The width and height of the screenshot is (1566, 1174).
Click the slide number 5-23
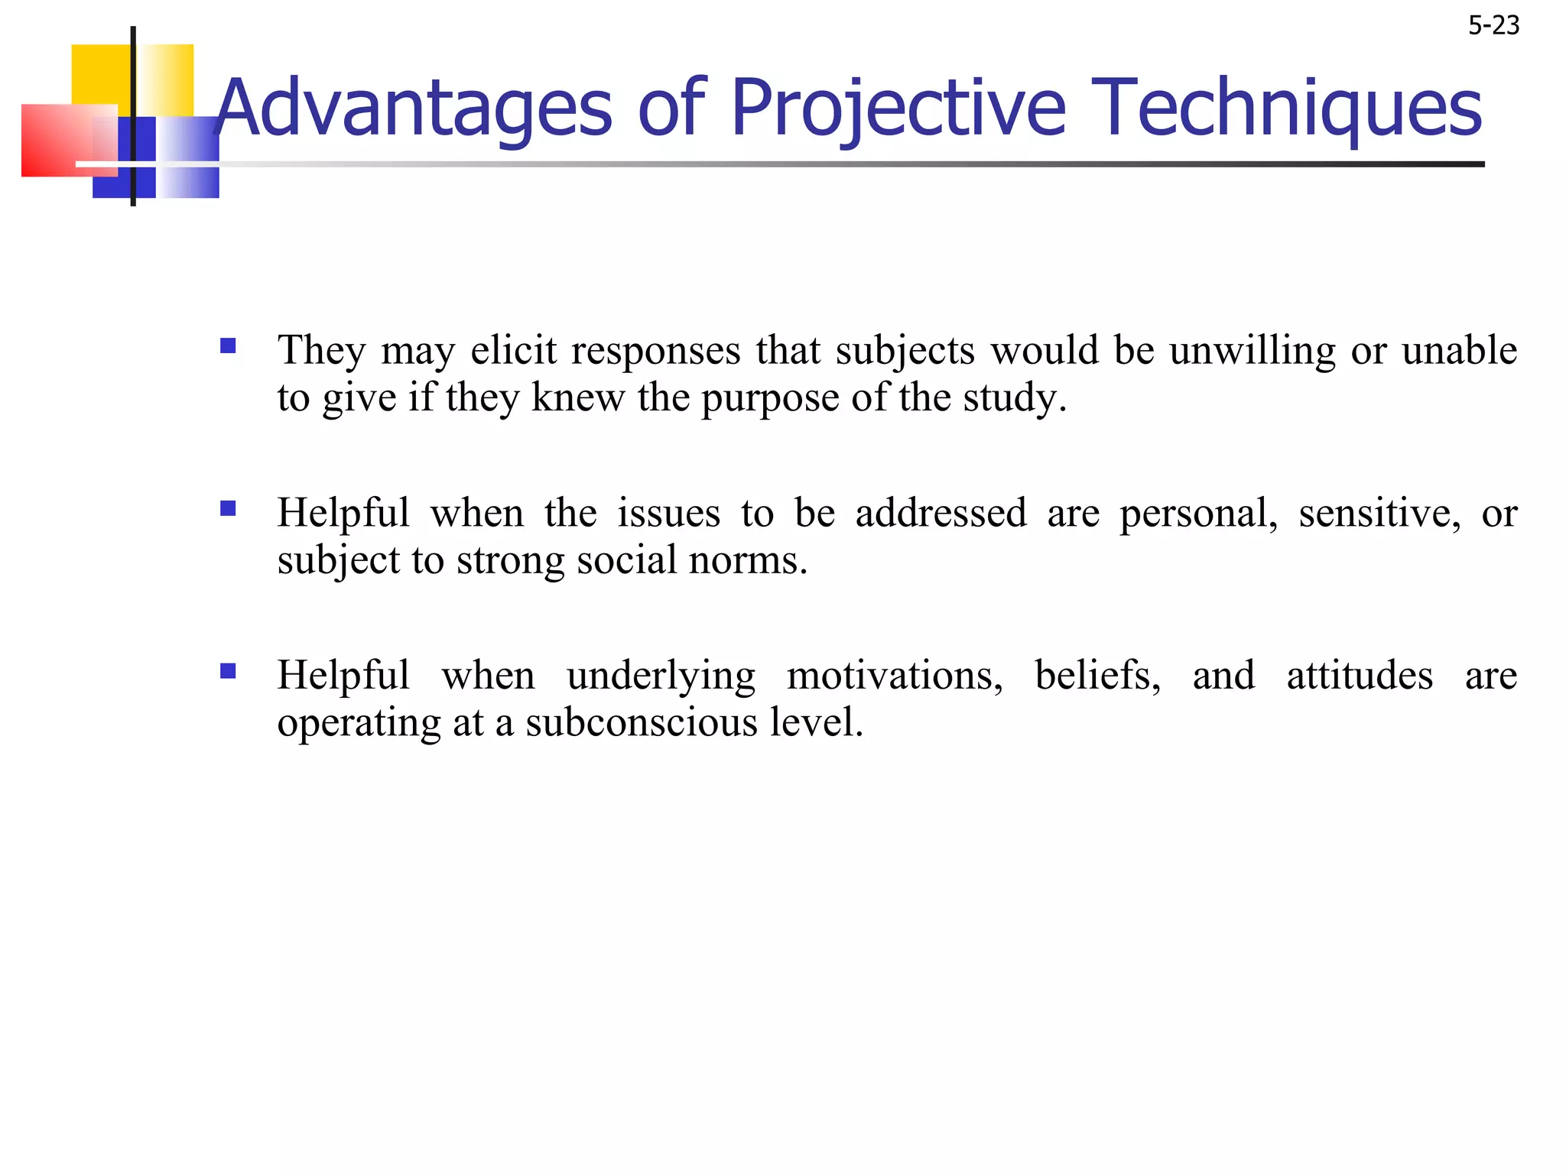point(1493,26)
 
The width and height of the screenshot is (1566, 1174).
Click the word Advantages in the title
point(414,109)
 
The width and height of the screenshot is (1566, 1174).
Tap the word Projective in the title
point(898,109)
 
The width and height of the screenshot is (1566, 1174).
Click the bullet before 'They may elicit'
point(228,346)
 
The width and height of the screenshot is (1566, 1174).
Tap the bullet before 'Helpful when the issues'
point(228,508)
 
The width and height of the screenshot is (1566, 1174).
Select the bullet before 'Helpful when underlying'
point(228,671)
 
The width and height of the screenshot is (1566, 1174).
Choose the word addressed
point(941,513)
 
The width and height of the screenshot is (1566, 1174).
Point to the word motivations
point(894,676)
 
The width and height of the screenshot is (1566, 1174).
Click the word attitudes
point(1359,676)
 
